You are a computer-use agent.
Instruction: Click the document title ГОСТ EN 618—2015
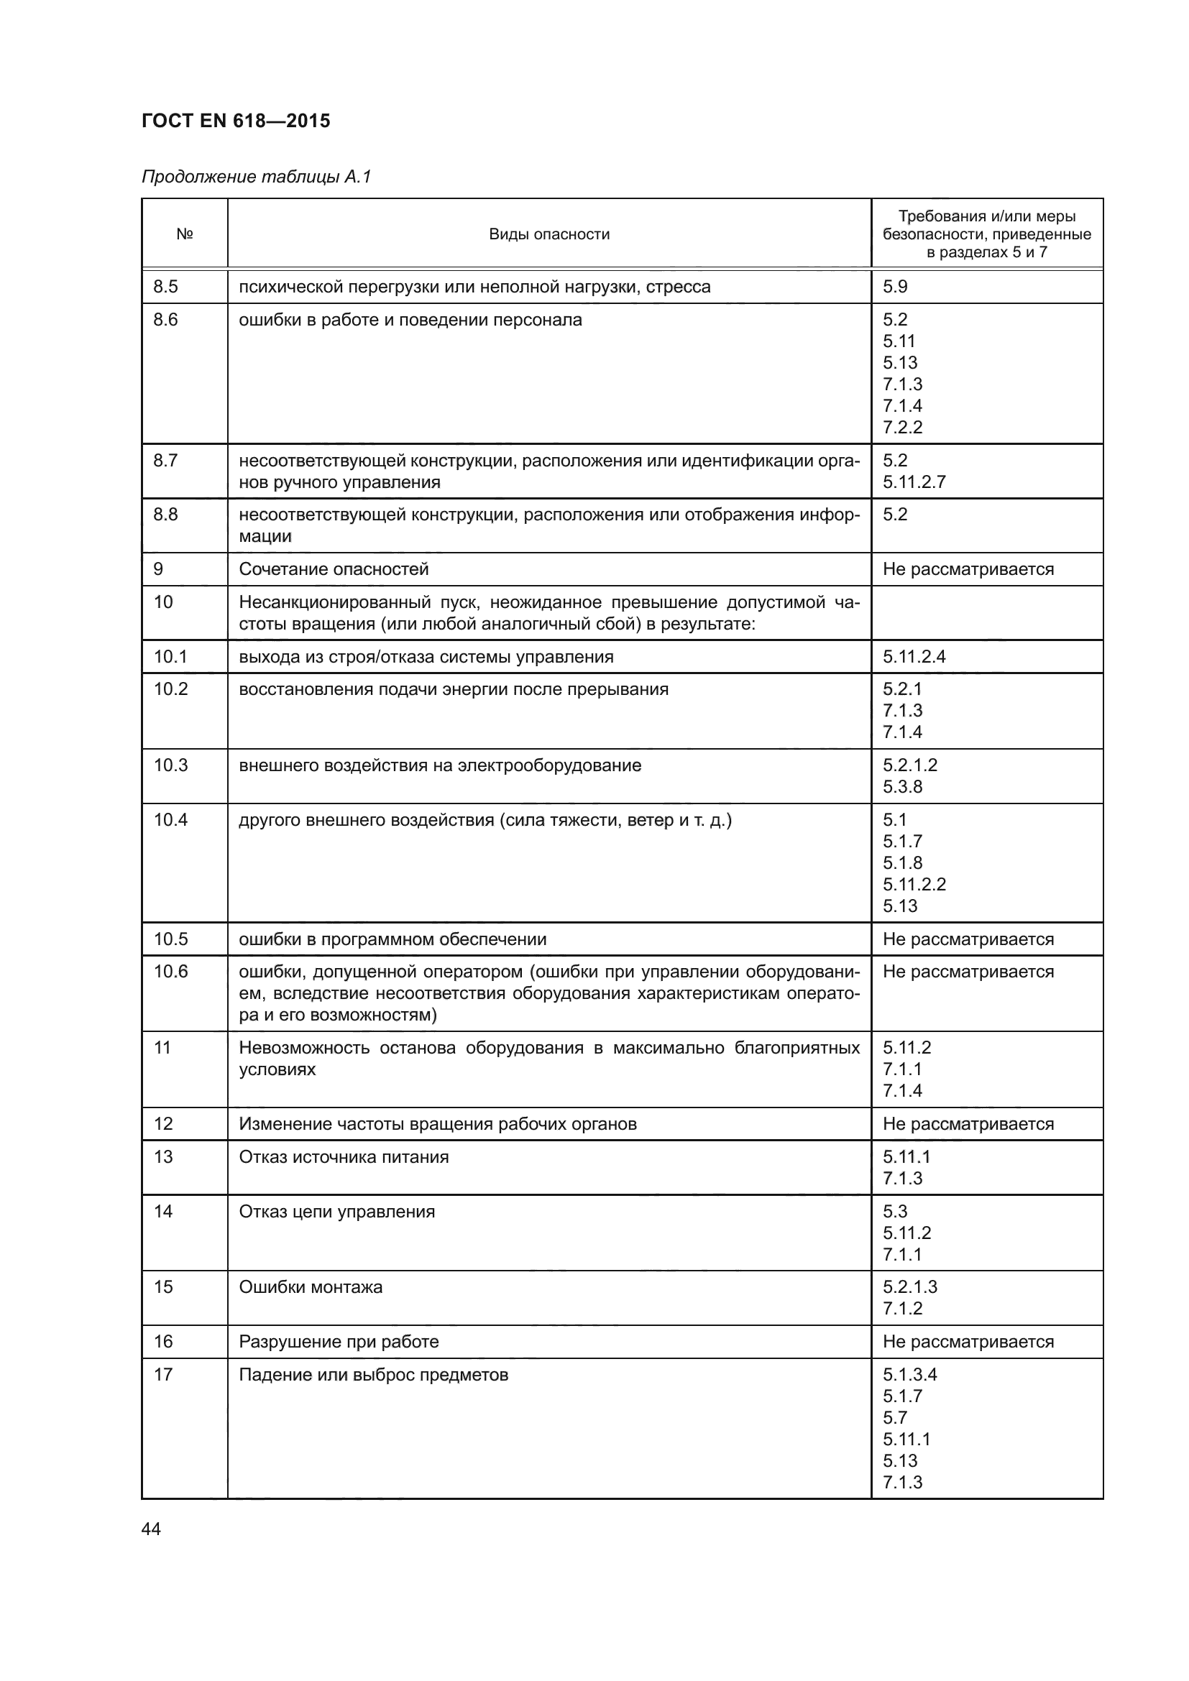tap(236, 121)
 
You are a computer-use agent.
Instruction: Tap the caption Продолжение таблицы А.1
tap(256, 177)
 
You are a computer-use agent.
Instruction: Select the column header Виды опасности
tap(549, 234)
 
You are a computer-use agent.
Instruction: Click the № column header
tap(185, 234)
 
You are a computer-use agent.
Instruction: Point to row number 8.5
tap(165, 287)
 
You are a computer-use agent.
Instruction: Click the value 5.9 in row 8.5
tap(895, 287)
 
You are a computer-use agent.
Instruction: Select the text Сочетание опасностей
tap(334, 570)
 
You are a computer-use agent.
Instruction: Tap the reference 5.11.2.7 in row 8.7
tap(914, 482)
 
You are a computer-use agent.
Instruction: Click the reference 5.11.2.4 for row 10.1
tap(914, 657)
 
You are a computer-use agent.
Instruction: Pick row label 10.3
tap(170, 765)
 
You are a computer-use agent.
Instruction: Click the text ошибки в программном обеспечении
tap(392, 939)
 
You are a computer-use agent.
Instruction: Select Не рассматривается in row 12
tap(968, 1124)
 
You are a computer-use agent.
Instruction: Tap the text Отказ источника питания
tap(344, 1157)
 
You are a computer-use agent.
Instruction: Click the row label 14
tap(163, 1211)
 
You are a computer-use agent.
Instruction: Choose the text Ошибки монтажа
tap(311, 1287)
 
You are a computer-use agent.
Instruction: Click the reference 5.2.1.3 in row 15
tap(909, 1287)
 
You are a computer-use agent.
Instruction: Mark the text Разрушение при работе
tap(339, 1342)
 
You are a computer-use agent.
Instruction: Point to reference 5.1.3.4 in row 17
tap(909, 1375)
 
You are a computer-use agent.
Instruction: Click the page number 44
tap(151, 1529)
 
